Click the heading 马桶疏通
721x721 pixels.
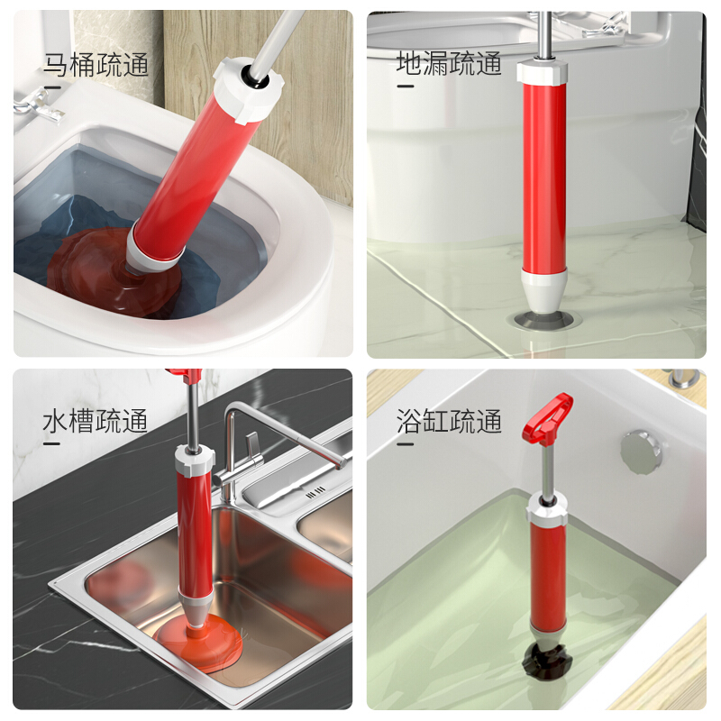pyautogui.click(x=96, y=64)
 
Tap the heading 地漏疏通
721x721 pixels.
pyautogui.click(x=449, y=63)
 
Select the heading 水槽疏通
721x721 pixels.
pyautogui.click(x=96, y=421)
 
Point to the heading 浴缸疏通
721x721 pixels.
pyautogui.click(x=449, y=421)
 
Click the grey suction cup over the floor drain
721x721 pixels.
pyautogui.click(x=543, y=319)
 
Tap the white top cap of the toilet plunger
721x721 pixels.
pyautogui.click(x=249, y=89)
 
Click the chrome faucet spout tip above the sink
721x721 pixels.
pyautogui.click(x=342, y=463)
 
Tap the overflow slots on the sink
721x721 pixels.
pyautogui.click(x=315, y=493)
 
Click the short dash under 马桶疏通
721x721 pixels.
pyautogui.click(x=52, y=87)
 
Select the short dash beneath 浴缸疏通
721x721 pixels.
pyautogui.click(x=405, y=444)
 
